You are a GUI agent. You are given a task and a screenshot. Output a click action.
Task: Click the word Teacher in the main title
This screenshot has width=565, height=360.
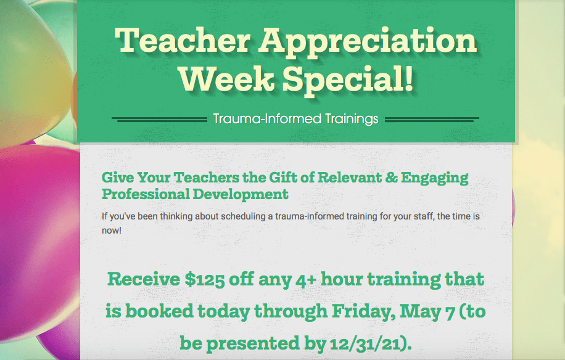pyautogui.click(x=183, y=40)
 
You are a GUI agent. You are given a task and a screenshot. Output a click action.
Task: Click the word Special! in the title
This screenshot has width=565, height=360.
pyautogui.click(x=348, y=81)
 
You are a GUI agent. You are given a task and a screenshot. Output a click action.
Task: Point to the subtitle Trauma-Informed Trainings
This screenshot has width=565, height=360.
pyautogui.click(x=296, y=119)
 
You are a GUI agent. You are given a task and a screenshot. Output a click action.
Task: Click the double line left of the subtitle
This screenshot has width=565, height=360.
pyautogui.click(x=159, y=120)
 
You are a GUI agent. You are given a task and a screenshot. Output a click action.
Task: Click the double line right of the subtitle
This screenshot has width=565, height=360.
pyautogui.click(x=432, y=120)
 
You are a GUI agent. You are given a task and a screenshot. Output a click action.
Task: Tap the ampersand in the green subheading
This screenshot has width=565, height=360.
pyautogui.click(x=391, y=178)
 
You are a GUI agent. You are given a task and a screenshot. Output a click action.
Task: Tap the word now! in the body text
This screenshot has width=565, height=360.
pyautogui.click(x=112, y=231)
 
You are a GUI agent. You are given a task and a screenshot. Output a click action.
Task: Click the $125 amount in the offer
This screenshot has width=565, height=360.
pyautogui.click(x=205, y=280)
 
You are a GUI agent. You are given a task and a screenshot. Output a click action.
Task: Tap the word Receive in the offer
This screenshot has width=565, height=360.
pyautogui.click(x=144, y=279)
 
